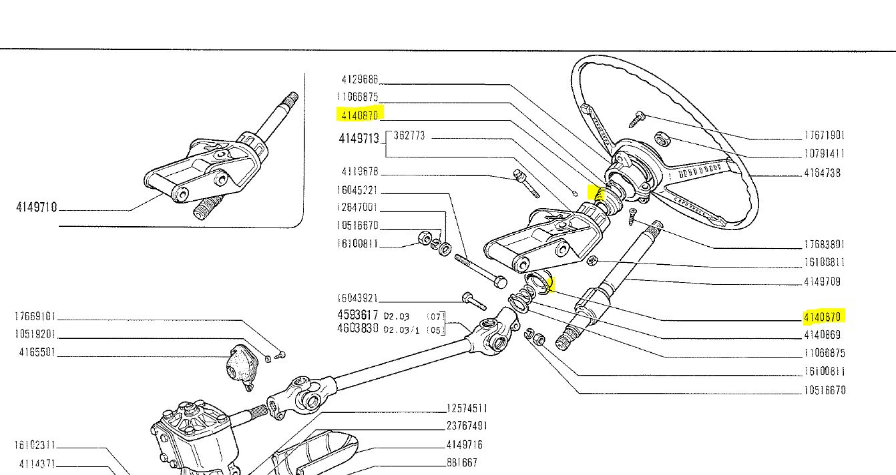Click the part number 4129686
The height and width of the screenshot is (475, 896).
pyautogui.click(x=359, y=79)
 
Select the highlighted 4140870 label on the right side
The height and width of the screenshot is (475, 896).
pyautogui.click(x=824, y=316)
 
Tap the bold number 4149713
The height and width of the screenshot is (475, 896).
pyautogui.click(x=359, y=139)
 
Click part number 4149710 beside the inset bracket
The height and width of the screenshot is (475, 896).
pyautogui.click(x=37, y=207)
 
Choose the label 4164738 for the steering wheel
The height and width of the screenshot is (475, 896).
pyautogui.click(x=823, y=173)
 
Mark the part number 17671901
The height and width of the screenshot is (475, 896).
pyautogui.click(x=825, y=135)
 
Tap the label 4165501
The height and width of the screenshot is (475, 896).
pyautogui.click(x=37, y=352)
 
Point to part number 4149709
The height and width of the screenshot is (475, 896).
pyautogui.click(x=823, y=282)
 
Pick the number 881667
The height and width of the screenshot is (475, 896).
pyautogui.click(x=462, y=462)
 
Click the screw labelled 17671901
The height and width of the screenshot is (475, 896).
pyautogui.click(x=637, y=119)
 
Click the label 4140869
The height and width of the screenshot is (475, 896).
pyautogui.click(x=823, y=335)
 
